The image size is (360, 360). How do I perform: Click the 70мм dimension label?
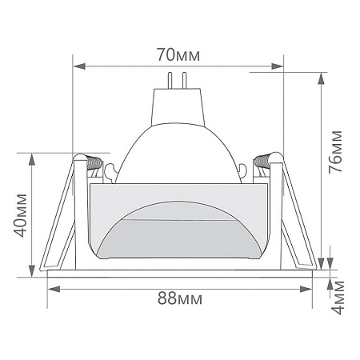click(x=178, y=54)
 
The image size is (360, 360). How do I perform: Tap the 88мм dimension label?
click(x=180, y=298)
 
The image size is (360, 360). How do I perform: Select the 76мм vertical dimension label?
click(x=335, y=152)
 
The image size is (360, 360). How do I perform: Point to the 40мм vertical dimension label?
click(x=20, y=216)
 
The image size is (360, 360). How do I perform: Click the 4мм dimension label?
click(x=338, y=298)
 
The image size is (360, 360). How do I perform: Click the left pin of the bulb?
click(x=170, y=80)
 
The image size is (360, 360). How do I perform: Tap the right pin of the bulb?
click(x=184, y=80)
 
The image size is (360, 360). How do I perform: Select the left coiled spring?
click(x=94, y=162)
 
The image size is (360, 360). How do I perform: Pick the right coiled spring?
click(x=262, y=162)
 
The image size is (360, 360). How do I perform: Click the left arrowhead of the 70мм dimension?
click(x=79, y=66)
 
